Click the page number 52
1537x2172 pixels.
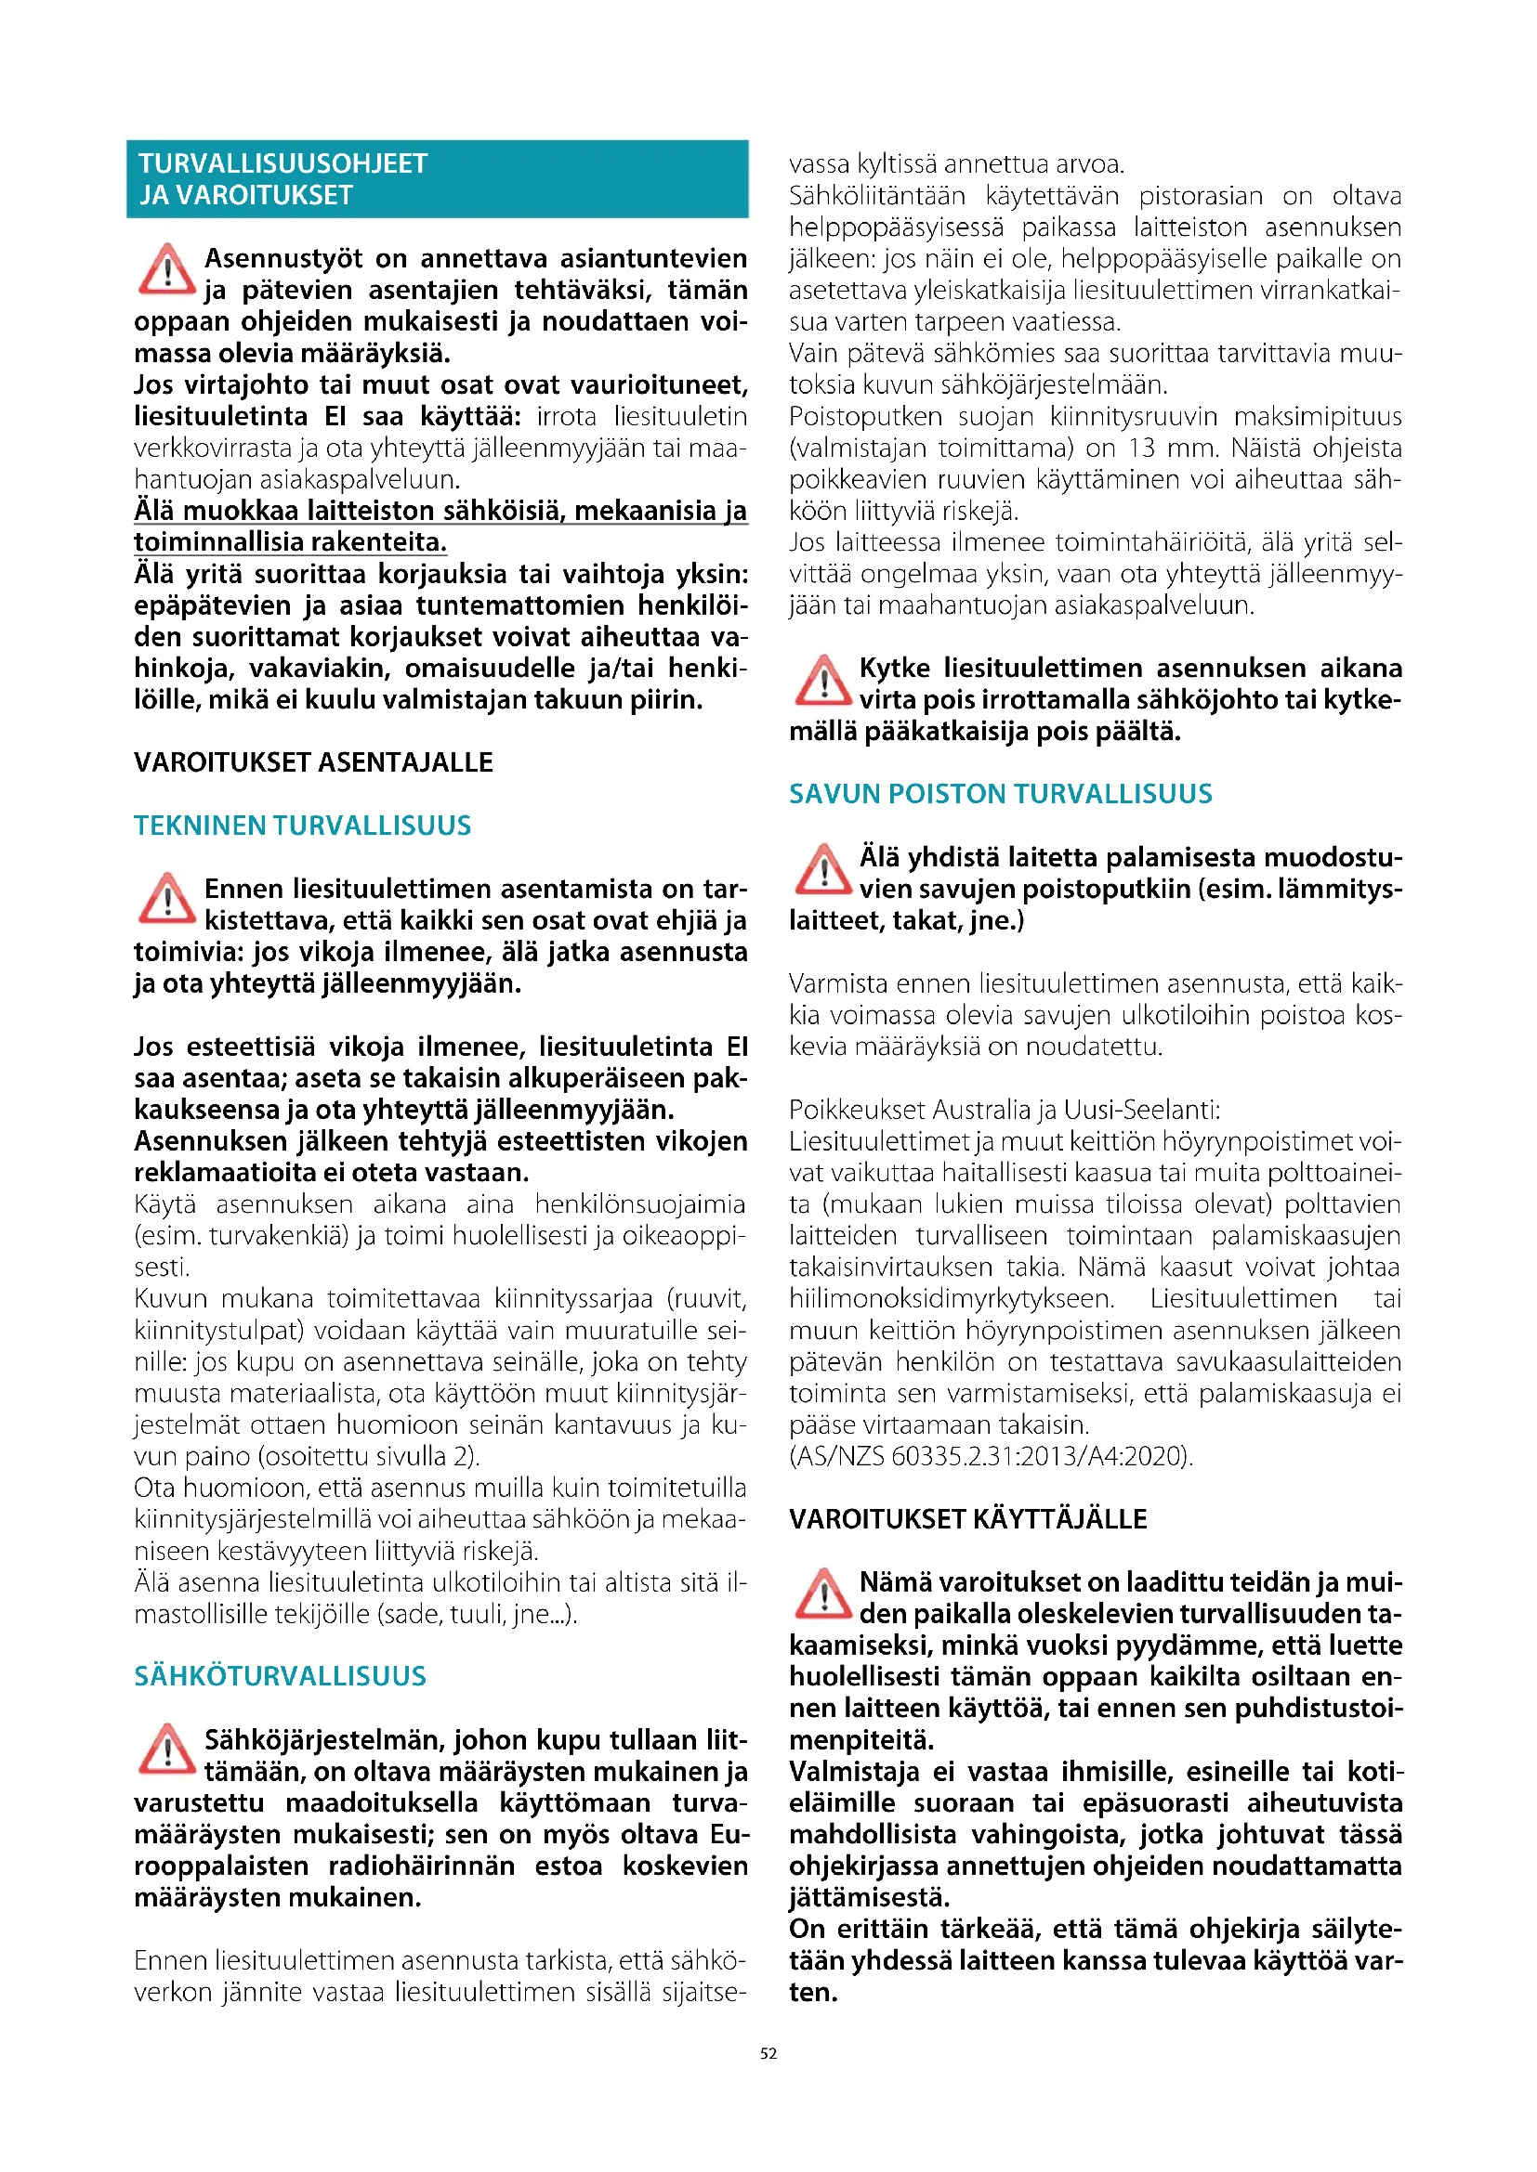tap(768, 2053)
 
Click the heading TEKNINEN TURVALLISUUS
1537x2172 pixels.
tap(302, 826)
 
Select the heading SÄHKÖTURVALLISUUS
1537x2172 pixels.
tap(280, 1676)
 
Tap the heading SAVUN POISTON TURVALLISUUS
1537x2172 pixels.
tap(1001, 794)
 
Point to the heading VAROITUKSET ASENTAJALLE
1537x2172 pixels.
tap(313, 762)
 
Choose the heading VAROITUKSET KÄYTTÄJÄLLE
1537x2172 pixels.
tap(967, 1519)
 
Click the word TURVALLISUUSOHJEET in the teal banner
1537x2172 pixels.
tap(283, 163)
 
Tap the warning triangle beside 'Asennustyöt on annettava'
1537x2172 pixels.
tap(166, 268)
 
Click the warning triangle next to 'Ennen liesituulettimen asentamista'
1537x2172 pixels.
tap(166, 899)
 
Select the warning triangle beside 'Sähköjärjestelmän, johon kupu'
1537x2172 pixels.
tap(166, 1750)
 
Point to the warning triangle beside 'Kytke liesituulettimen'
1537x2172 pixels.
tap(822, 679)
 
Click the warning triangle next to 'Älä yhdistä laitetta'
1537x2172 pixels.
tap(822, 868)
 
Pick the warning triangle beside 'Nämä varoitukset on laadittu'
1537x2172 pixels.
tap(822, 1593)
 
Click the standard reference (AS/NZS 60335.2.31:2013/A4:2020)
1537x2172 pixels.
tap(991, 1456)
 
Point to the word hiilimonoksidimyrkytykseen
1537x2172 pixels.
tap(952, 1299)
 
